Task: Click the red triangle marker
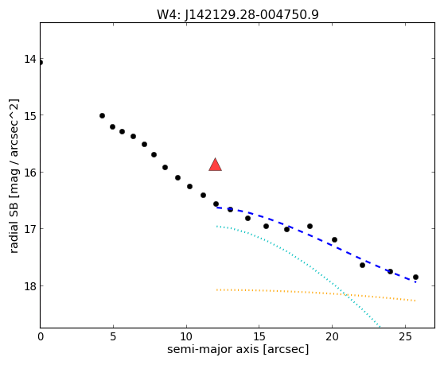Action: (215, 165)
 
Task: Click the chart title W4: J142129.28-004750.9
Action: (238, 14)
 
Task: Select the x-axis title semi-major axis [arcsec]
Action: (238, 349)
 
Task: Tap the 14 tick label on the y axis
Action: (30, 59)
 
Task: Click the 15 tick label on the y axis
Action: (30, 115)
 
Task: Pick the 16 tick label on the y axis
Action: (30, 172)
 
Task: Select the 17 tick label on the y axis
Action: (30, 228)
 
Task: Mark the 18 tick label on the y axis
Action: (30, 285)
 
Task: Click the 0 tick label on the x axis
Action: (41, 336)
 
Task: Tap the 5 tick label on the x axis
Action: (113, 336)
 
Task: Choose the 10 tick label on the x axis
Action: (186, 336)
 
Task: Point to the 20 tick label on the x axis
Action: (332, 336)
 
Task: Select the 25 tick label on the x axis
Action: (405, 336)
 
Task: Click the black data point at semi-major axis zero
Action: (41, 63)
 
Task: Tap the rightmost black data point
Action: (415, 277)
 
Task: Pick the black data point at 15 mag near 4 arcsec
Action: (102, 116)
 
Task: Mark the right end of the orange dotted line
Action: (415, 301)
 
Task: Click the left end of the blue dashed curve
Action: (216, 208)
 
